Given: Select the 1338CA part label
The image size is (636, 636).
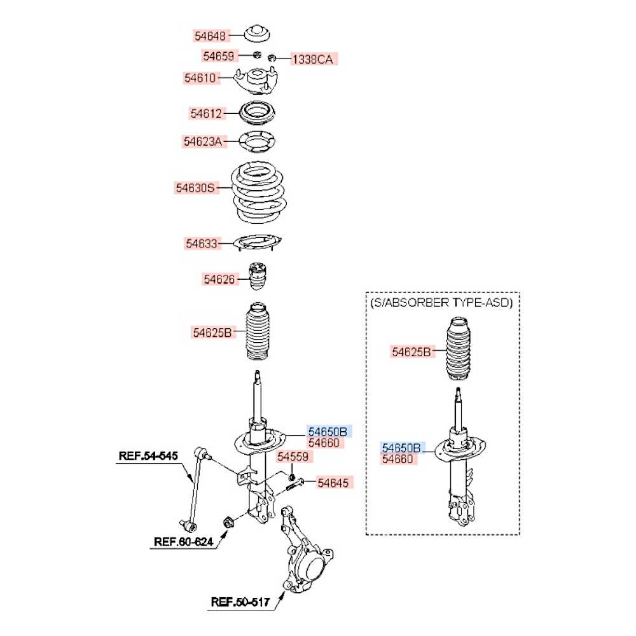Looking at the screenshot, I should pos(312,60).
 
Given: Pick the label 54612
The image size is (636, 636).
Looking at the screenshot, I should pos(206,114).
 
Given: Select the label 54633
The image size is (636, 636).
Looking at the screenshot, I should pos(202,244).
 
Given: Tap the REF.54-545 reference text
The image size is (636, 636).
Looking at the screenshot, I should pos(149,455).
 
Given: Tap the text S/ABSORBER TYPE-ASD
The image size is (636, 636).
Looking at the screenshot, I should pos(441,303).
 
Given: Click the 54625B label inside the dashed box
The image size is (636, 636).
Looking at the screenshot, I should pos(411,351).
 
